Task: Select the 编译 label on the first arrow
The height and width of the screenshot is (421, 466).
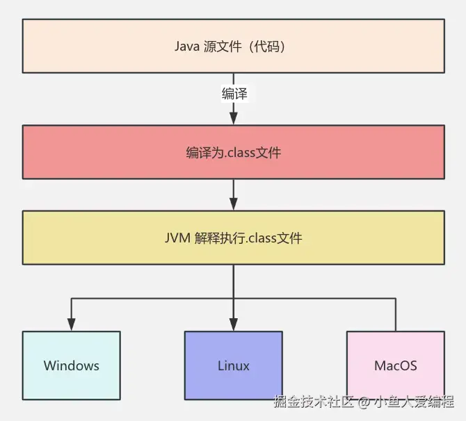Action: (x=234, y=94)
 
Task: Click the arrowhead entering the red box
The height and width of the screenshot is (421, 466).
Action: (x=234, y=119)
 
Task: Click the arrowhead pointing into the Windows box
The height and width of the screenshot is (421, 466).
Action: (x=71, y=324)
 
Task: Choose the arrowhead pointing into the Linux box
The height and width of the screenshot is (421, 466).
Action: (x=234, y=324)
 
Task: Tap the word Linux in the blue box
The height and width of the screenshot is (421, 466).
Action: (x=234, y=365)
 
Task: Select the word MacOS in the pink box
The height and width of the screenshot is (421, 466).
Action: (x=395, y=365)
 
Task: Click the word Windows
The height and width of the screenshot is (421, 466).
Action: (x=71, y=365)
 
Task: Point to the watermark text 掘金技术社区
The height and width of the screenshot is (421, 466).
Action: (x=314, y=402)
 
